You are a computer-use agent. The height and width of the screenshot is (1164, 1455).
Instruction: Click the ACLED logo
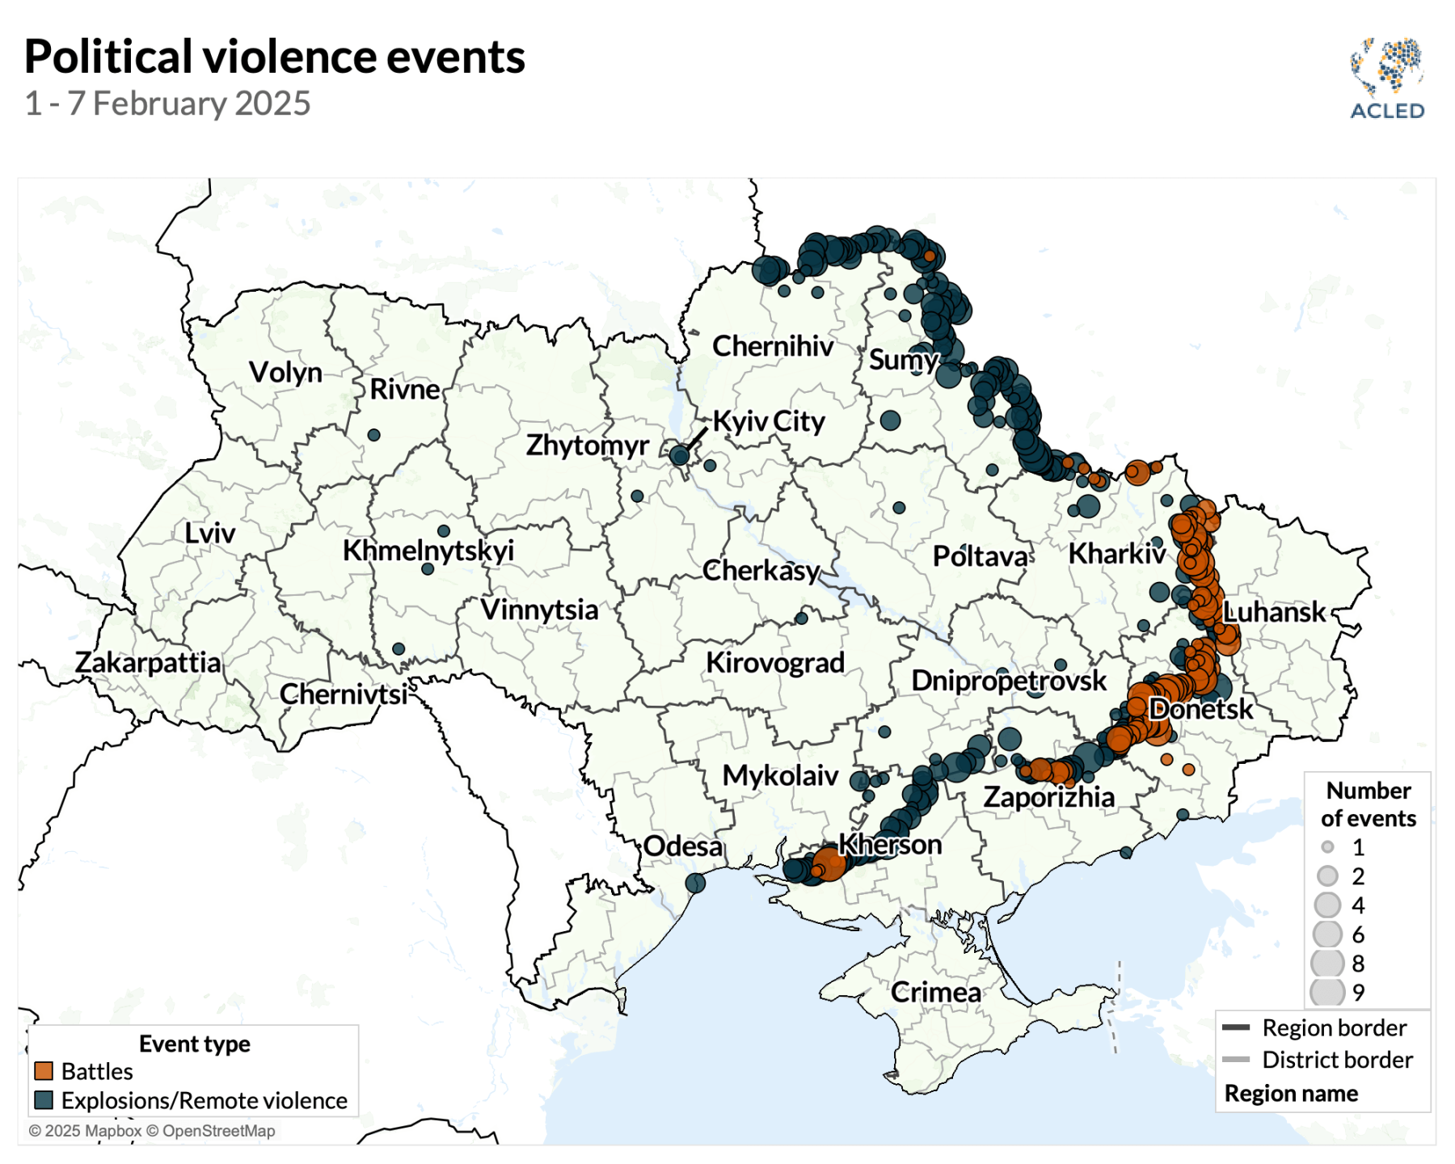coord(1387,78)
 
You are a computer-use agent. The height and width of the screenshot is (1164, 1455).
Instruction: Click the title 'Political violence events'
coord(275,57)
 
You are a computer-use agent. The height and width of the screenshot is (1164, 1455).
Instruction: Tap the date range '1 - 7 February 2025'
coord(168,103)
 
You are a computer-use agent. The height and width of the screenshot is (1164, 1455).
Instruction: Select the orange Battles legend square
coord(44,1071)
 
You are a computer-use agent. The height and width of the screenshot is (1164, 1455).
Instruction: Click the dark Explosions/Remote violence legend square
coord(44,1100)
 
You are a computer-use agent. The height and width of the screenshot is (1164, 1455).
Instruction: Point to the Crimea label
coord(936,992)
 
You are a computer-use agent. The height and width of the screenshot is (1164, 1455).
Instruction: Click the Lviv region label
coord(209,533)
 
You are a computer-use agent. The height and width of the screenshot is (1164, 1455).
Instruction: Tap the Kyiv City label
coord(769,421)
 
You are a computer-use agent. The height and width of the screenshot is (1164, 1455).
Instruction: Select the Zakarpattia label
coord(148,663)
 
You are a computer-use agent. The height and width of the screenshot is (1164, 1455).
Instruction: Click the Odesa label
coord(683,846)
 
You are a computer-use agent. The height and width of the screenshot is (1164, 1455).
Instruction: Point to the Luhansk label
coord(1274,612)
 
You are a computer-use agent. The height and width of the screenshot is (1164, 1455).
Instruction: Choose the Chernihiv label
coord(773,346)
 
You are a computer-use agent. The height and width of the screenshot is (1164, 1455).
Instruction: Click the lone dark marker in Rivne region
coord(374,435)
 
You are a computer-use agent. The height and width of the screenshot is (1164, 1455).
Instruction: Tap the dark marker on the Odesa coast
coord(695,883)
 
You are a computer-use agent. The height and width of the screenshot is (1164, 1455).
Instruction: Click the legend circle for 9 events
coord(1327,992)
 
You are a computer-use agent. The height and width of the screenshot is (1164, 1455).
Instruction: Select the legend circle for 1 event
coord(1327,847)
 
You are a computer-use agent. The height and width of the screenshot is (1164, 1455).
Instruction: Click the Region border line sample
coord(1236,1028)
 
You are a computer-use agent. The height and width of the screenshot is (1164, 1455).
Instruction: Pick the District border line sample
coord(1236,1060)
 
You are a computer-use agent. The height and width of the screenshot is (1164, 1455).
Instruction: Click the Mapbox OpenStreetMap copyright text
coord(152,1131)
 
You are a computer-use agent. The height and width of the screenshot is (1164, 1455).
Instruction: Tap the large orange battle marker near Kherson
coord(829,862)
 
